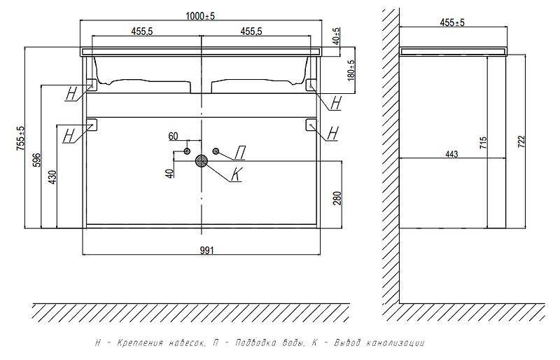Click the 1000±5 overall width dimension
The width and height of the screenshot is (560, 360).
201,15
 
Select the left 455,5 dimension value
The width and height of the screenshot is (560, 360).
143,31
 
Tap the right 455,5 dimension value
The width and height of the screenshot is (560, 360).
251,31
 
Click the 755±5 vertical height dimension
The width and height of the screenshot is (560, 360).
20,138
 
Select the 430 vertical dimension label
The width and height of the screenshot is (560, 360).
51,176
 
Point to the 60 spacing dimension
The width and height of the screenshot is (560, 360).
174,136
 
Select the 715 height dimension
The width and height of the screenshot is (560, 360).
484,143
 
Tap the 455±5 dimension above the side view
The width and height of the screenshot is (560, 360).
453,22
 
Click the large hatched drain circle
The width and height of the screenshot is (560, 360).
202,161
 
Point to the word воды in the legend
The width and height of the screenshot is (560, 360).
289,343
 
